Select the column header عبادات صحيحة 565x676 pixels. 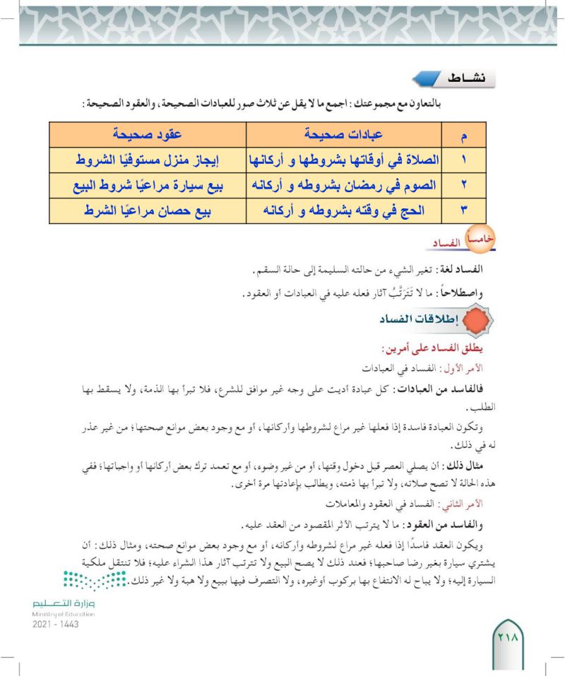point(343,133)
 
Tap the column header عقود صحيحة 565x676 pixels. point(148,133)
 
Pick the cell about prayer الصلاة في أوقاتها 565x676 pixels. point(343,160)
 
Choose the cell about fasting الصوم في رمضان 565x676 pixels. point(343,185)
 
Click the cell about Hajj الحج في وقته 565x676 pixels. point(343,210)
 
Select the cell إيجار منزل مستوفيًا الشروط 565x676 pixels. point(148,160)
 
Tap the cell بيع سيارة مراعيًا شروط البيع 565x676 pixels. point(148,185)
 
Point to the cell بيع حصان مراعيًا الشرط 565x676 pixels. point(148,210)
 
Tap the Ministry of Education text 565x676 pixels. point(64,614)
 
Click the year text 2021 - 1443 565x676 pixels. point(55,624)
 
